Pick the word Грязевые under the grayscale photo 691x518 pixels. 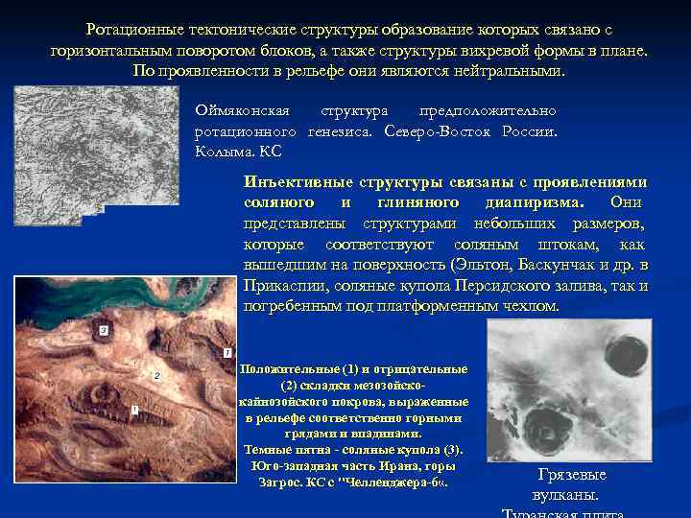572,475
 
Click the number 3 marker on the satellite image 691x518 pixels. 104,331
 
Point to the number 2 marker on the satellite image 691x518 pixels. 156,375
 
